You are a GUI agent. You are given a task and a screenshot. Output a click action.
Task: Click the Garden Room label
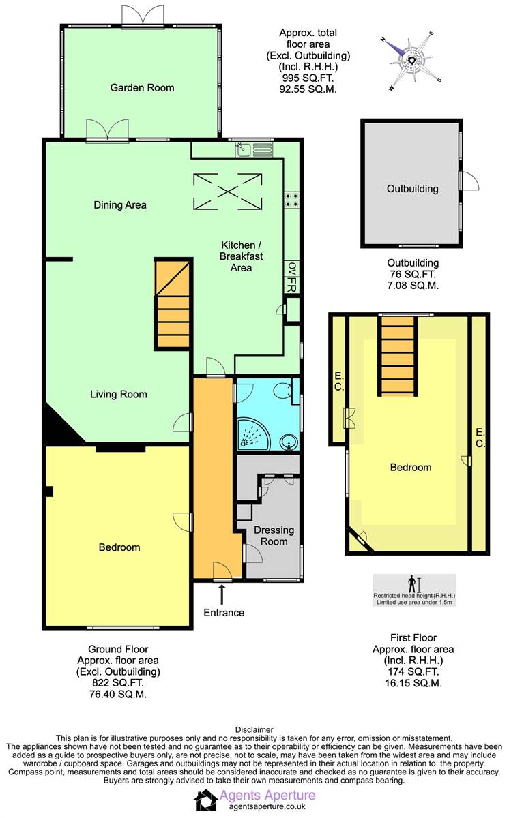[x=142, y=87]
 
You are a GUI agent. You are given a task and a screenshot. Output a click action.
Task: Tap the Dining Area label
[x=120, y=204]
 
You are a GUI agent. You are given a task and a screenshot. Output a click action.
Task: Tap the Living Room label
[x=119, y=394]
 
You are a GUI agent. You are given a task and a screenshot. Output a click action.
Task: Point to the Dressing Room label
[x=274, y=536]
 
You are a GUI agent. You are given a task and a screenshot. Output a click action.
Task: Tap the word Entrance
[x=224, y=612]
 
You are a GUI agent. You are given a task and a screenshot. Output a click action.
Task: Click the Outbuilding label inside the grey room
[x=412, y=189]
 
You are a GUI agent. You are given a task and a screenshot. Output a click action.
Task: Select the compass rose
[x=412, y=61]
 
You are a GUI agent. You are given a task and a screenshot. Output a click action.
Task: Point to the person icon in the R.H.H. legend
[x=411, y=584]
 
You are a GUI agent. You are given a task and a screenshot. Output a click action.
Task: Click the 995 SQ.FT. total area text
[x=308, y=78]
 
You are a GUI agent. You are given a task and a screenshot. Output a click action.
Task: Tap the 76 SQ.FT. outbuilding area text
[x=412, y=275]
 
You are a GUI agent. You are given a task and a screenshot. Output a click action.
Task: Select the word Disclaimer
[x=254, y=729]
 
